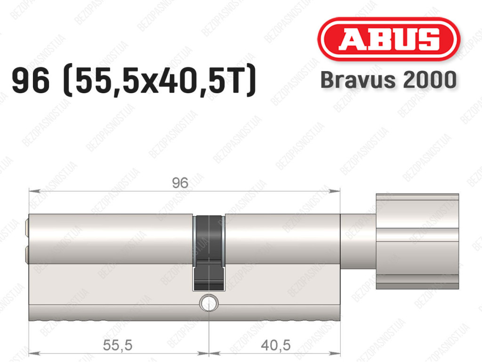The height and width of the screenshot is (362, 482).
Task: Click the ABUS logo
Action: tap(388, 39)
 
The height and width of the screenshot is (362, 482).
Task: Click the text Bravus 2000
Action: tap(388, 80)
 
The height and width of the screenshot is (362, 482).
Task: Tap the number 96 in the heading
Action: tap(31, 80)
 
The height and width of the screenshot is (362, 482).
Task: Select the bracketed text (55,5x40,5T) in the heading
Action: tap(159, 80)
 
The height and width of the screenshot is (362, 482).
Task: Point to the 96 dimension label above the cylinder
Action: tap(180, 183)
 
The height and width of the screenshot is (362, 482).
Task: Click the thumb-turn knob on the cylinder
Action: tap(418, 241)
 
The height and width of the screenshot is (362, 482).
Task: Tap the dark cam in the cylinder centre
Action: tap(209, 253)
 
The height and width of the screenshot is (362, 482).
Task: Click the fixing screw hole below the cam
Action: tap(209, 302)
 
